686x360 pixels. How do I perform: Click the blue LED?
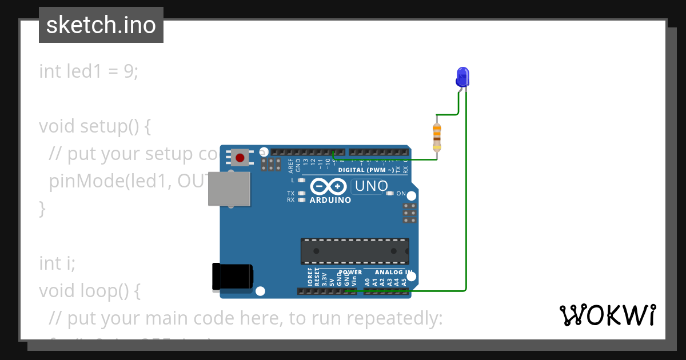tap(462, 77)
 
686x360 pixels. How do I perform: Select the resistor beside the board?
tap(437, 137)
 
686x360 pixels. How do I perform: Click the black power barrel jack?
tap(232, 276)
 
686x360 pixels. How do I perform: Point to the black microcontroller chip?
tap(354, 251)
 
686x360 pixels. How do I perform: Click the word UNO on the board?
tap(372, 186)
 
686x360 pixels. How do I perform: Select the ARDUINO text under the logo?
tap(330, 201)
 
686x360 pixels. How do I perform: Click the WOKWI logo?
tap(607, 315)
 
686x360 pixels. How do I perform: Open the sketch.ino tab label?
tap(101, 25)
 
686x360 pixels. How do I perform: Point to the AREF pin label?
tap(290, 166)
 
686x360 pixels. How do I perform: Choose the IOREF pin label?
tap(310, 277)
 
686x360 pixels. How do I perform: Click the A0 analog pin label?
tap(368, 281)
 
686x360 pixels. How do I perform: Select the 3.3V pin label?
tap(324, 278)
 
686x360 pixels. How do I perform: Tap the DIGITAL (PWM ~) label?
tap(366, 170)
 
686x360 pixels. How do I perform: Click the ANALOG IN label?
tap(393, 272)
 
